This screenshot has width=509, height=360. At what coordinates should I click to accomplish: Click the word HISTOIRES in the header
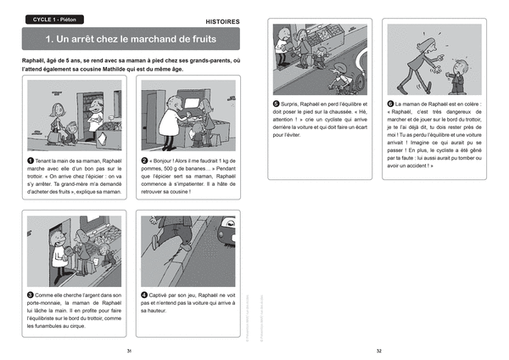click(222, 20)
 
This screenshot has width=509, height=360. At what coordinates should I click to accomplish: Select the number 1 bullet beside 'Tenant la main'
click(31, 160)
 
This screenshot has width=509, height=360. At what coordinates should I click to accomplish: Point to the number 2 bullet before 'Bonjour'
click(144, 160)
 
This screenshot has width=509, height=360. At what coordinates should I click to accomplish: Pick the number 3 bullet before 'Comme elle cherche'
click(31, 294)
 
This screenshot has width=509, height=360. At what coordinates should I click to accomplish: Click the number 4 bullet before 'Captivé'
click(144, 294)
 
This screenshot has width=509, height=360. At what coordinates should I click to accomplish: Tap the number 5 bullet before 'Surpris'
click(277, 103)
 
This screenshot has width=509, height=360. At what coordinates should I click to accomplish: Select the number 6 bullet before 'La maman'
click(390, 103)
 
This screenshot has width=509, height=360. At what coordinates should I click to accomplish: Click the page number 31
click(129, 349)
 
